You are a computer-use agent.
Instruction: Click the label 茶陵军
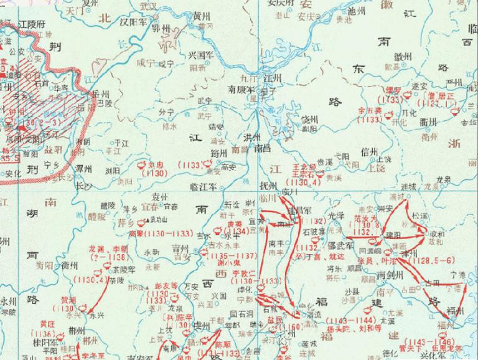(123, 270)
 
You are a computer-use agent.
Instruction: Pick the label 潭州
(83, 168)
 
